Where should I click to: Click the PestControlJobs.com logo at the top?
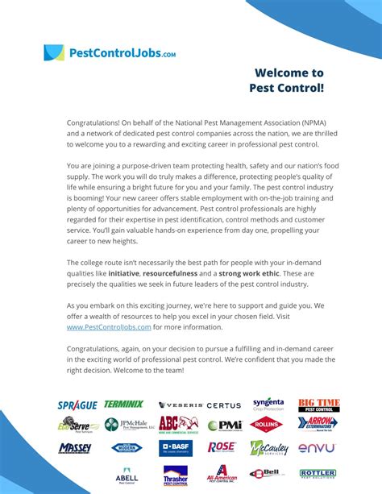click(110, 53)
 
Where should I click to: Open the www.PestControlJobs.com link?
click(109, 327)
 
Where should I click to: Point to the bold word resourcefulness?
click(172, 272)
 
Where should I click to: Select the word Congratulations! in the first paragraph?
click(93, 122)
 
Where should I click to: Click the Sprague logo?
click(77, 405)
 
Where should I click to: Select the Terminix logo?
click(123, 404)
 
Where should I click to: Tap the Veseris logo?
click(180, 405)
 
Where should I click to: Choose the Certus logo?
click(224, 405)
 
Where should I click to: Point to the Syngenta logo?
click(268, 403)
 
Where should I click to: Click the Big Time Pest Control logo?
click(318, 405)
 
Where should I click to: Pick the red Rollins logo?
click(266, 425)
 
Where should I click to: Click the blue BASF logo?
click(176, 447)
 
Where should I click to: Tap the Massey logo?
click(75, 448)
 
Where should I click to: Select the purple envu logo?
click(317, 448)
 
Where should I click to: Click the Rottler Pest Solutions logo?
click(318, 474)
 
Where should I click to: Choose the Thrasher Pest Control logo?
click(175, 475)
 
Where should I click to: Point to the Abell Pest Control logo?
click(126, 475)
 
